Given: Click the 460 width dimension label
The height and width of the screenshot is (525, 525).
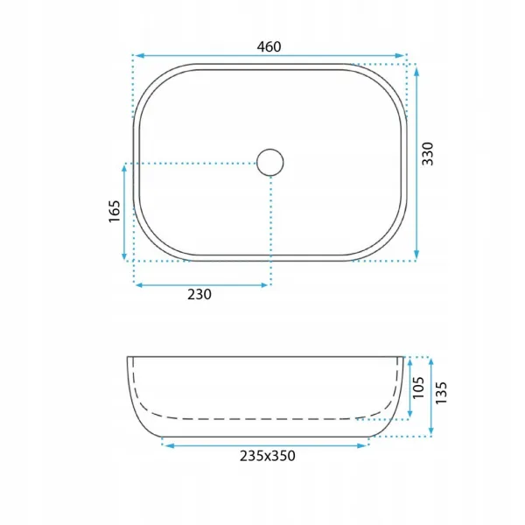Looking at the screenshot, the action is click(269, 47).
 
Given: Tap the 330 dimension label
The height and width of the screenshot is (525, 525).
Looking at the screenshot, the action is click(428, 154).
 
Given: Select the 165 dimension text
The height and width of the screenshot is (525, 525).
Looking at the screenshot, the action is click(114, 211).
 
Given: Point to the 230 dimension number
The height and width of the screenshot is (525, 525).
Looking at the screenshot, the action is click(199, 295).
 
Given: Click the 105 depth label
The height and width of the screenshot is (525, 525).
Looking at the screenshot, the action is click(418, 388).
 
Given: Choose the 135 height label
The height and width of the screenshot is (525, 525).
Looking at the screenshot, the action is click(441, 393).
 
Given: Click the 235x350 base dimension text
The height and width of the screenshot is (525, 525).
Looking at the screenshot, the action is click(268, 456).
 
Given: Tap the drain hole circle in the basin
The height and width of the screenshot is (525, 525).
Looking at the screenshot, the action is click(270, 163).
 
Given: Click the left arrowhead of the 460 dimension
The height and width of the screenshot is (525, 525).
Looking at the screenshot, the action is click(139, 56).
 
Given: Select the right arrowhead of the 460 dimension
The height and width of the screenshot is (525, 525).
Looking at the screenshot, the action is click(400, 56).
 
